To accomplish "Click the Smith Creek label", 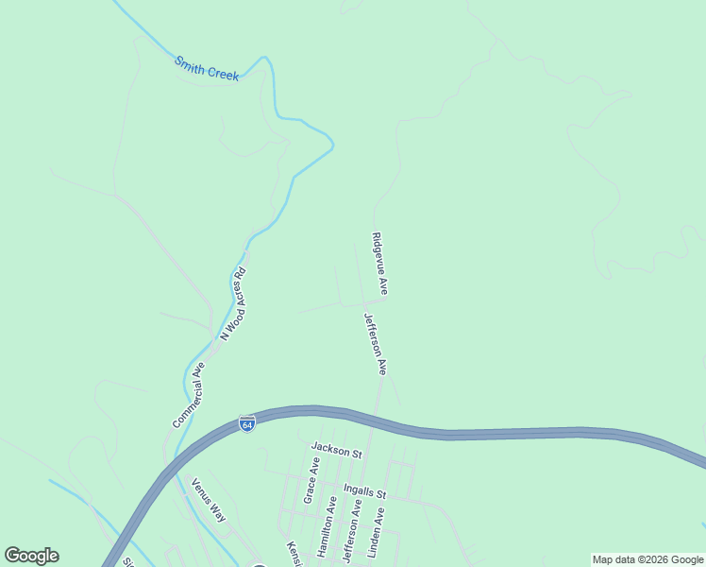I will click(x=207, y=69).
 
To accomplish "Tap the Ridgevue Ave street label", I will click(x=379, y=264).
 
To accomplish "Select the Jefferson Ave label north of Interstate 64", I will click(x=376, y=344).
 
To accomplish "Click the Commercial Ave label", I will click(x=189, y=395).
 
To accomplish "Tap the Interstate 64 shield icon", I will click(x=246, y=424).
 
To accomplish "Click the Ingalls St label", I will click(x=366, y=493).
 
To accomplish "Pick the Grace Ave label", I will click(x=311, y=479).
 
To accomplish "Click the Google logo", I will click(x=31, y=556).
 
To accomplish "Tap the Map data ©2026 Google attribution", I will click(x=648, y=559).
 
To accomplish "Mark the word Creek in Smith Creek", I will click(x=223, y=73).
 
